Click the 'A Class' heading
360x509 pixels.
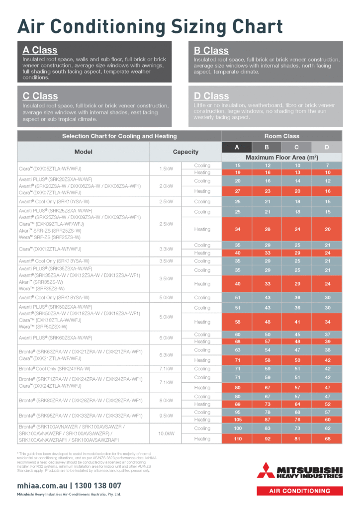(x=40, y=50)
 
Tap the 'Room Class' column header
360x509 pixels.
(x=281, y=136)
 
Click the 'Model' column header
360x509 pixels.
(x=84, y=152)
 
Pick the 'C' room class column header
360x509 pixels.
(x=297, y=147)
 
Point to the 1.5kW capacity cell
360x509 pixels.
(x=166, y=169)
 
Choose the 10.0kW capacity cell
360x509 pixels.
(x=166, y=433)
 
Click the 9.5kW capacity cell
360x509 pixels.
(x=166, y=416)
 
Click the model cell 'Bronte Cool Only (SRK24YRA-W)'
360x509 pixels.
(x=54, y=369)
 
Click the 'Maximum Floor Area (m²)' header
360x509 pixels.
(x=281, y=158)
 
